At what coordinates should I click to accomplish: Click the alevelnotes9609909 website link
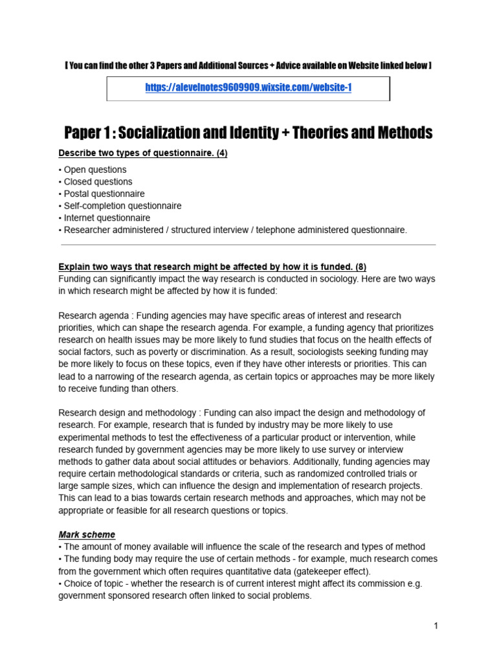coord(248,88)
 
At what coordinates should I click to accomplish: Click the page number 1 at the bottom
coord(436,626)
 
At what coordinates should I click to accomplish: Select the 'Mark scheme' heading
coord(87,535)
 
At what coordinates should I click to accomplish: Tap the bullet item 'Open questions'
coord(94,170)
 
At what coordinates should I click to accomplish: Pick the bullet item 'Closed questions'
coord(97,182)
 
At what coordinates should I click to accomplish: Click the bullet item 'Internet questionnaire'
coord(106,218)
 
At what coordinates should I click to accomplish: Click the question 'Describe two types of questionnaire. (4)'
coord(143,153)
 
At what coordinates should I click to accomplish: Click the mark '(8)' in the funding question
coord(360,267)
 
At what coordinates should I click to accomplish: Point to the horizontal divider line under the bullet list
coord(248,245)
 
